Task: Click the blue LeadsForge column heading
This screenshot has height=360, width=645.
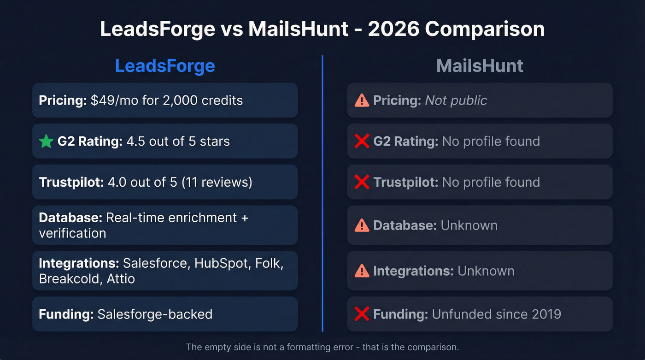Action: point(165,66)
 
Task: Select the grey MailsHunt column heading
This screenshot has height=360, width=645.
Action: point(480,66)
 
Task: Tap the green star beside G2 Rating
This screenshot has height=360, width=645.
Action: point(46,142)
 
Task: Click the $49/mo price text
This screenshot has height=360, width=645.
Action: point(115,100)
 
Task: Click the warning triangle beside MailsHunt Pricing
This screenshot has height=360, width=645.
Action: point(362,100)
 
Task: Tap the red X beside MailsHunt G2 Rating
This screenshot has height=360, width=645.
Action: point(362,141)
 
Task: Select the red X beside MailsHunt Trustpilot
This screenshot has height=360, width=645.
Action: point(362,182)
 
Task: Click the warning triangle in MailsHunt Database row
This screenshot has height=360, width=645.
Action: point(362,225)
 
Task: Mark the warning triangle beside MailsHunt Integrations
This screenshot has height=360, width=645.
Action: point(362,271)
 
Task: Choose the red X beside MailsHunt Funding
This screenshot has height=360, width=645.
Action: point(362,314)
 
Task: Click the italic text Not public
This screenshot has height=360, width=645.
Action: point(456,100)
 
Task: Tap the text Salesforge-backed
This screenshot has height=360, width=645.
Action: point(155,314)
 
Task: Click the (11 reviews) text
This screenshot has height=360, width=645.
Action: point(217,182)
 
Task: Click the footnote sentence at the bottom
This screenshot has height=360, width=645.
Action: point(322,347)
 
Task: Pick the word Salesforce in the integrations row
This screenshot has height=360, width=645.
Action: point(155,263)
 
